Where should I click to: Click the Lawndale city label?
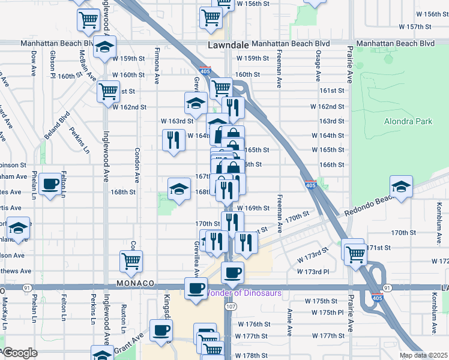click(x=228, y=45)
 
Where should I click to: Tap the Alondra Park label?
click(x=408, y=121)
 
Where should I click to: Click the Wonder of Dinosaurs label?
click(x=244, y=293)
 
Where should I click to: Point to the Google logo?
click(x=19, y=353)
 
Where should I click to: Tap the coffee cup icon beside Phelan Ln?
click(x=51, y=184)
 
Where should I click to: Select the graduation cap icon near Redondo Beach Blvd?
click(x=401, y=185)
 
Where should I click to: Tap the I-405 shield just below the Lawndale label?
click(x=206, y=70)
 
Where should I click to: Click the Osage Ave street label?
click(x=318, y=67)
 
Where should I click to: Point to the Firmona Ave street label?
click(x=157, y=66)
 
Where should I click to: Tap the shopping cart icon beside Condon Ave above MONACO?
click(x=131, y=260)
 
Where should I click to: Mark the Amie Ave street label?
click(x=289, y=322)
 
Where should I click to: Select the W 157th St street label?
click(x=420, y=27)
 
